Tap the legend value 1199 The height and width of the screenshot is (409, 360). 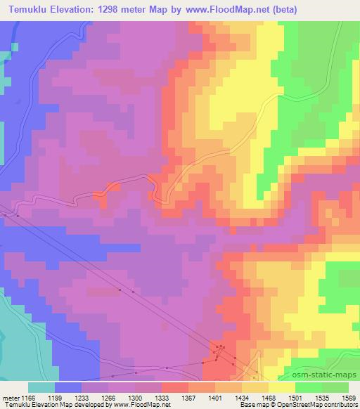pos(61,397)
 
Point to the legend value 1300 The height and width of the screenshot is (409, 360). pos(141,397)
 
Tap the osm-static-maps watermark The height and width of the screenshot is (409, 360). pos(326,377)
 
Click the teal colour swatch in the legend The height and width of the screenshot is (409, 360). pos(41,387)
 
